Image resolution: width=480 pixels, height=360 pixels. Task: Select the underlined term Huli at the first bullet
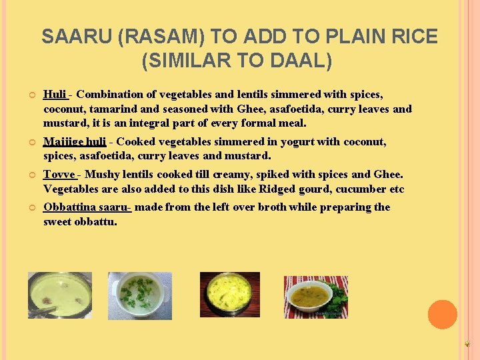(x=55, y=95)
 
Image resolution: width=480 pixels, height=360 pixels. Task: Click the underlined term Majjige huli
(x=75, y=141)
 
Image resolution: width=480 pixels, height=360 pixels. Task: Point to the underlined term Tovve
(x=59, y=174)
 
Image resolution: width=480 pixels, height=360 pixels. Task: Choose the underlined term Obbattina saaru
(x=86, y=207)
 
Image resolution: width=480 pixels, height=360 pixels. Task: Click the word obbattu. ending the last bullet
(x=96, y=221)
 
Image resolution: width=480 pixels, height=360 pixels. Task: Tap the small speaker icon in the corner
(x=467, y=344)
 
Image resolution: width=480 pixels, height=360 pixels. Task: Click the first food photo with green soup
(x=60, y=295)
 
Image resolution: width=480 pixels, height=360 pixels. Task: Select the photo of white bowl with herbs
(x=140, y=295)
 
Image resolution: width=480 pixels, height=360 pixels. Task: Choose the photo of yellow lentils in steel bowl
(x=230, y=294)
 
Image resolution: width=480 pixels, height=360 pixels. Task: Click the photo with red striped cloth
(x=316, y=297)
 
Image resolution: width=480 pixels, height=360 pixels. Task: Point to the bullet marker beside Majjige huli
(x=31, y=142)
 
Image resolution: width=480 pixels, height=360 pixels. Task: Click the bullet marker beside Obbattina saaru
(x=31, y=207)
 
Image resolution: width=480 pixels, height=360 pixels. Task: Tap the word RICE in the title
(x=412, y=37)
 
